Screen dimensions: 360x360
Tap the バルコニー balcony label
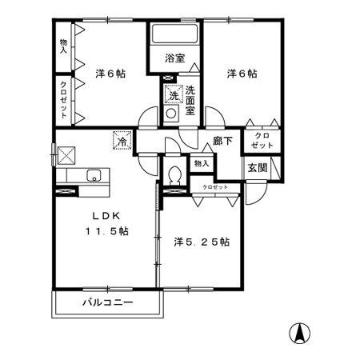(x=107, y=303)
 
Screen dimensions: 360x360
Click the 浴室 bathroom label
(x=174, y=58)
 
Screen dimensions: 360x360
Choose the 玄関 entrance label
(x=257, y=167)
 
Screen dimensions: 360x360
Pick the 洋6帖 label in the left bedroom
(x=110, y=73)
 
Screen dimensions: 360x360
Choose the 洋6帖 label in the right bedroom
(x=242, y=73)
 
